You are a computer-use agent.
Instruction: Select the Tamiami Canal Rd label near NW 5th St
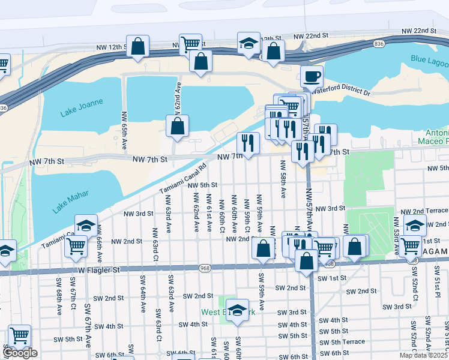183,178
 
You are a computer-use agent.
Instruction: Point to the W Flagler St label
100,270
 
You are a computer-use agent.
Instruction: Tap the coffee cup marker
312,77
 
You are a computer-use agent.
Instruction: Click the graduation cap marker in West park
237,310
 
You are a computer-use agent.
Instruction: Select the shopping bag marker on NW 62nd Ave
177,127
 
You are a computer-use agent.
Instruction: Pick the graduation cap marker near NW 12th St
249,44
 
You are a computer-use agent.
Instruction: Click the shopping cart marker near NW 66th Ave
76,245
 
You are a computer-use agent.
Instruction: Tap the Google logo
20,353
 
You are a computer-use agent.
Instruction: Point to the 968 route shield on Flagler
205,268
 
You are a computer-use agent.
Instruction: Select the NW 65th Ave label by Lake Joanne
124,130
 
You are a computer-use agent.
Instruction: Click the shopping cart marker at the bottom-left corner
19,335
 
